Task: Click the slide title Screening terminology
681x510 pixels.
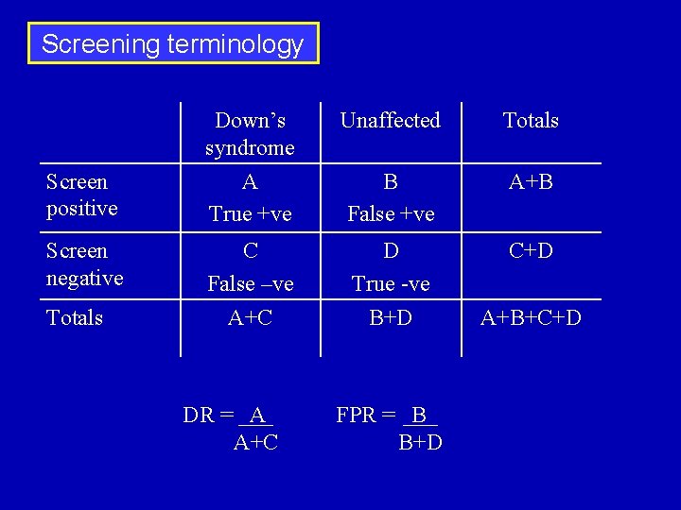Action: point(173,43)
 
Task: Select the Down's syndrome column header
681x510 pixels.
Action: point(250,134)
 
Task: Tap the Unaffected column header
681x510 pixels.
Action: point(390,120)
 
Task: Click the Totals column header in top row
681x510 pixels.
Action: point(531,120)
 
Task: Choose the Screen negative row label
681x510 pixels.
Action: point(84,264)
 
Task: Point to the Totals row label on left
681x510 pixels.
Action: point(75,317)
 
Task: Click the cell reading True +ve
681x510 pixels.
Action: point(250,214)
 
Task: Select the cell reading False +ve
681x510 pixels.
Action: point(391,214)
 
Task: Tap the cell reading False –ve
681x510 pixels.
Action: point(250,284)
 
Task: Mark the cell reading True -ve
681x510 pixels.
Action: point(391,284)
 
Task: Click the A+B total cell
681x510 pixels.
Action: point(531,181)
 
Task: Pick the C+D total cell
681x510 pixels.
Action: point(531,251)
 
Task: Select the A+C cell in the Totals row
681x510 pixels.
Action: point(250,318)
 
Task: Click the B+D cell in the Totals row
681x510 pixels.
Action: point(391,318)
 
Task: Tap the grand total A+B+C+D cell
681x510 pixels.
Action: point(531,318)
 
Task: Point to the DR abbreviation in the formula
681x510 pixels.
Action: point(198,416)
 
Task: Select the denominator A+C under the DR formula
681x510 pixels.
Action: point(255,442)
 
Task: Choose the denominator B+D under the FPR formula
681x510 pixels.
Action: point(420,442)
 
